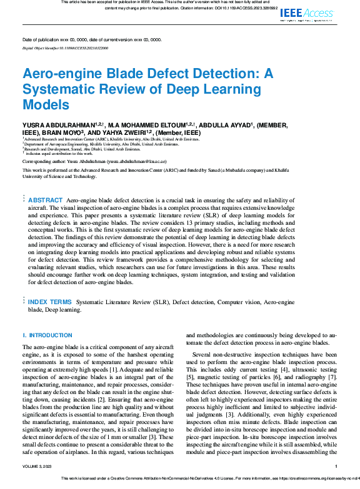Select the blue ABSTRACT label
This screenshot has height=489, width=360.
(x=46, y=200)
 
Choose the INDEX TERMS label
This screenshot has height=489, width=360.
(x=49, y=302)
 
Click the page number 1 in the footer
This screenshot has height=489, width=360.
(x=336, y=467)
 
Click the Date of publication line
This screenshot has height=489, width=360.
(x=91, y=39)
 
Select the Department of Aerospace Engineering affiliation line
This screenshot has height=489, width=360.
(x=81, y=144)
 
